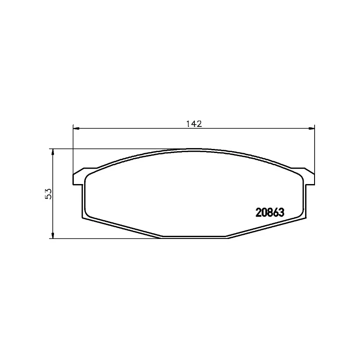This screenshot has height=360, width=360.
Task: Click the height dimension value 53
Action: tap(49, 193)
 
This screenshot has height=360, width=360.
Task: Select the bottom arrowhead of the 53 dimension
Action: tap(54, 235)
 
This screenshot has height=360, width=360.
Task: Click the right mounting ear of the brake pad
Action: tap(309, 178)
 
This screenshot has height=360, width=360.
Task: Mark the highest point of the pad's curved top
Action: tap(194, 149)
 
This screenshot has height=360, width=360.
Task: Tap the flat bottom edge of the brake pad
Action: tap(194, 238)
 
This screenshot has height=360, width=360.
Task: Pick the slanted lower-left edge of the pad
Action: tap(121, 228)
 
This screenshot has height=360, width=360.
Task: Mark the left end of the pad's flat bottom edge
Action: tap(161, 238)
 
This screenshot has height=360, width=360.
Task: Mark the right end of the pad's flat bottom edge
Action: tap(227, 238)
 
